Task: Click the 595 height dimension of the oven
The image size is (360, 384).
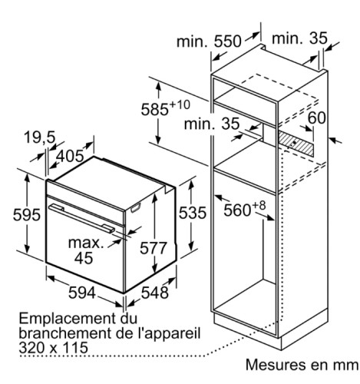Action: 27,214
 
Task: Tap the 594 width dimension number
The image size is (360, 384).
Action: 82,293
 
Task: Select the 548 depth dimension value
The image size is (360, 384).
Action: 155,293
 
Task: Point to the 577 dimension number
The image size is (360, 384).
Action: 154,248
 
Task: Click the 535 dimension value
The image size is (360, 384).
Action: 193,213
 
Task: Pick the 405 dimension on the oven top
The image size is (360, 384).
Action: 70,156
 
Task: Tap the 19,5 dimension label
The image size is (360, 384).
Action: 40,137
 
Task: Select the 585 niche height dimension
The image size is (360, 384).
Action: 154,109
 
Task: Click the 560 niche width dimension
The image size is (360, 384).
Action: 237,210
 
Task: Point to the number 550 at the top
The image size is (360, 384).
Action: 227,41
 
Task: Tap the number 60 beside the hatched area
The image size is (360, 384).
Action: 316,118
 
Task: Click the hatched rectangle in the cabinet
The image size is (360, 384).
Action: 296,144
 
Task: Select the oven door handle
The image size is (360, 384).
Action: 81,218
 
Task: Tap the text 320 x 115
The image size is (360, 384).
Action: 54,348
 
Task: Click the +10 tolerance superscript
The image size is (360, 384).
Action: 180,104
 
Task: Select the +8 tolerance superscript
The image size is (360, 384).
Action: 259,206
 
